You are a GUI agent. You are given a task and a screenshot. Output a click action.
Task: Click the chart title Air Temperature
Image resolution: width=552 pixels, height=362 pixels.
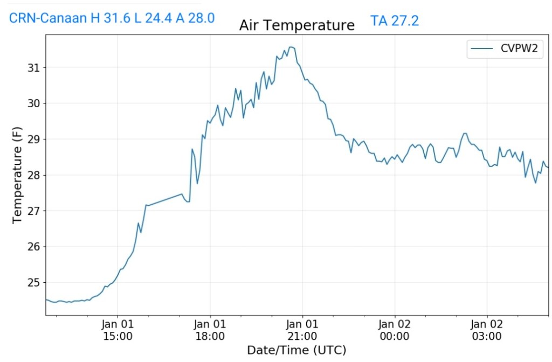(x=297, y=25)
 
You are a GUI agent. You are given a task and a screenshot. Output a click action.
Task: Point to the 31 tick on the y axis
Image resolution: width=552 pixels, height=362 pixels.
(x=33, y=67)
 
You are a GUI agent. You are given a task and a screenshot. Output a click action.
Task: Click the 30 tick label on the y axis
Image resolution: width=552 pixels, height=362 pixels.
(x=33, y=103)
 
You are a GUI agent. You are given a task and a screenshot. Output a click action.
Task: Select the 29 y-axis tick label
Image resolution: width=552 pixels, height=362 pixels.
(x=33, y=139)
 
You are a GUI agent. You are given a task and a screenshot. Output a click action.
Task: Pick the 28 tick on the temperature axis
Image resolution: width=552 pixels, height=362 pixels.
(x=33, y=175)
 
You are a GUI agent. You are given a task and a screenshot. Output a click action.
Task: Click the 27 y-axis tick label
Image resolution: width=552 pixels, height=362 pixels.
(x=33, y=211)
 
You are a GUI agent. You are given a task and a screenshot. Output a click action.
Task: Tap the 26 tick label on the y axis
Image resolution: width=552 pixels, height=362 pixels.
(x=33, y=247)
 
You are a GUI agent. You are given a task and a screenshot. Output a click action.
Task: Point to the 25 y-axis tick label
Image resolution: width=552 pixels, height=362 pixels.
(x=33, y=282)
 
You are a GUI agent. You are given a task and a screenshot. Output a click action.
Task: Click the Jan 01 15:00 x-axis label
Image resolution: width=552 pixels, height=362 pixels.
(x=118, y=330)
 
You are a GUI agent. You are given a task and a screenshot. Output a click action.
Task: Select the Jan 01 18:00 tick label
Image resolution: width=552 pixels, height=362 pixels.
(x=210, y=330)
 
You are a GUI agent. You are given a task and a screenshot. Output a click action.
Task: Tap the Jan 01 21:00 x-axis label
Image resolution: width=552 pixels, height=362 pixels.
(x=302, y=330)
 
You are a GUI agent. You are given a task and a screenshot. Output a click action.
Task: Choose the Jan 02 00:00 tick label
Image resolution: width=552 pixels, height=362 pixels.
(x=395, y=330)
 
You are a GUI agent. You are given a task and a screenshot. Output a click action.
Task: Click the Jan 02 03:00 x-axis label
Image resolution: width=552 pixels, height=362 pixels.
(x=487, y=330)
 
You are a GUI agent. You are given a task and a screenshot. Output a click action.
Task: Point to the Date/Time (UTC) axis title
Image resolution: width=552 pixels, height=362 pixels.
(x=296, y=350)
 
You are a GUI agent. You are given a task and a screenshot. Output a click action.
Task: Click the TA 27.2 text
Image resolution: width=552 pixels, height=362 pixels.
(x=395, y=21)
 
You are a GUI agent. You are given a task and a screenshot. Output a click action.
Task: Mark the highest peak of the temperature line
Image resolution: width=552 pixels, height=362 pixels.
(x=291, y=47)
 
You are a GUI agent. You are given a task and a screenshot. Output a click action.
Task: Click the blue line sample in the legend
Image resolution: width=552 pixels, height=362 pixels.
(x=482, y=49)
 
